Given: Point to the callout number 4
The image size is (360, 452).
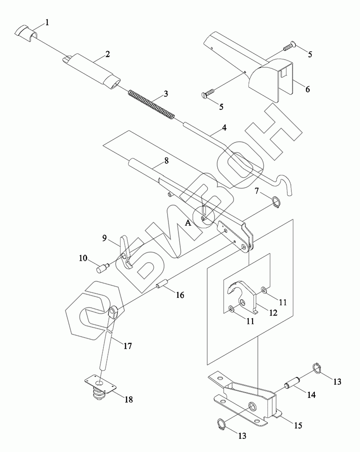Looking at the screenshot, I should (224, 129).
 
